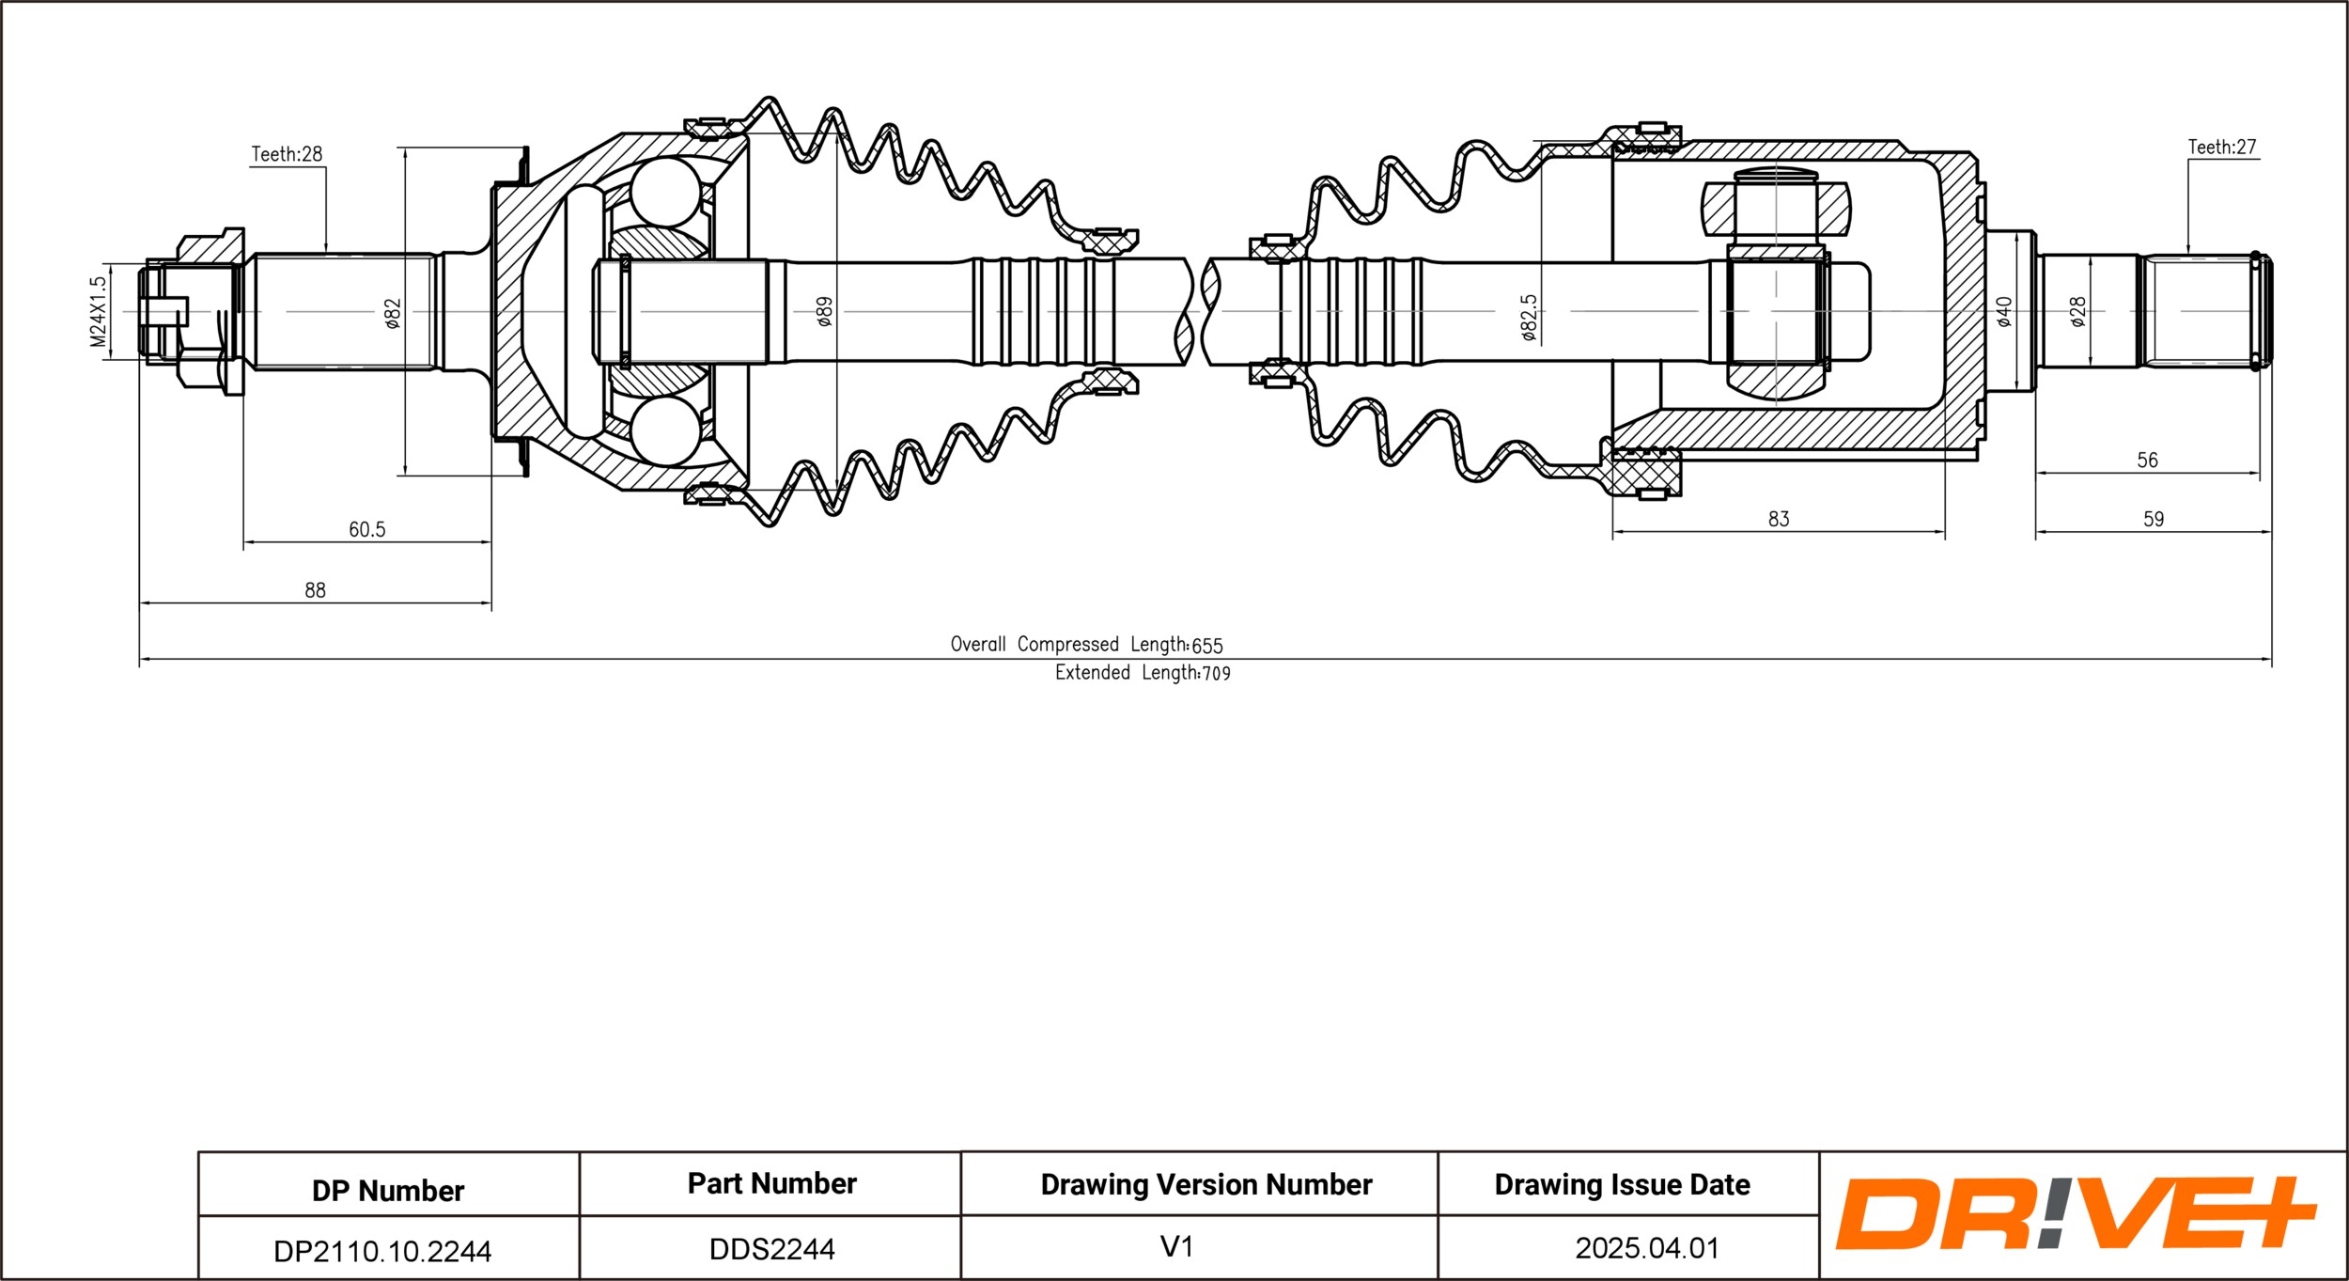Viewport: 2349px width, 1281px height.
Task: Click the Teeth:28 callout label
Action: point(287,154)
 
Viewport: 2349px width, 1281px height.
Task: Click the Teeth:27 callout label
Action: point(2222,147)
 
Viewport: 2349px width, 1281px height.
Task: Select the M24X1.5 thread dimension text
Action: point(99,312)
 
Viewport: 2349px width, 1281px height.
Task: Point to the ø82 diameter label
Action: point(393,314)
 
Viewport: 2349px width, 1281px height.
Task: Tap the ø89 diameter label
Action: point(824,312)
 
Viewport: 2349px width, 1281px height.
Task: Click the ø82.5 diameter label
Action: point(1529,317)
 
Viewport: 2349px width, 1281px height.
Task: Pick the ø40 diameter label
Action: point(2004,312)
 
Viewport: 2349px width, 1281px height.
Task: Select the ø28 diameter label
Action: point(2077,312)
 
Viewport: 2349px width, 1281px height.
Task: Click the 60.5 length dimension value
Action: point(367,530)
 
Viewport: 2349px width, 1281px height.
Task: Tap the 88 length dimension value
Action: point(315,590)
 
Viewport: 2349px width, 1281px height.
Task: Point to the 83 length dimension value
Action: point(1779,519)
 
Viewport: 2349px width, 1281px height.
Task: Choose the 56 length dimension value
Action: point(2148,461)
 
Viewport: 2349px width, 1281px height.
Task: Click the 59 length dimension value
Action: point(2154,519)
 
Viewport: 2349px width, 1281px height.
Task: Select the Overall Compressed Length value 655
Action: point(1207,646)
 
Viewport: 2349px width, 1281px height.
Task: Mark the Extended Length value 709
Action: point(1216,674)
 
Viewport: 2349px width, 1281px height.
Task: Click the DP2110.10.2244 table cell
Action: point(382,1251)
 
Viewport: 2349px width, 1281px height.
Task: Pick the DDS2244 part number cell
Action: point(772,1249)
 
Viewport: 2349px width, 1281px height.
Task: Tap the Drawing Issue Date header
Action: point(1623,1185)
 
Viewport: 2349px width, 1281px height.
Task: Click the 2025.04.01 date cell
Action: point(1647,1248)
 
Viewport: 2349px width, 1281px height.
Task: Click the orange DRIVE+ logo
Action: point(2077,1213)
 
